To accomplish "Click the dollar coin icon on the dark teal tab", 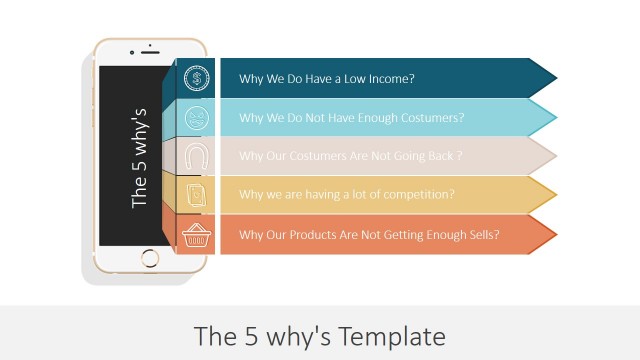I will (x=197, y=77).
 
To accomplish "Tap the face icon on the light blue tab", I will (x=197, y=117).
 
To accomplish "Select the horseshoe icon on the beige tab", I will (x=197, y=156).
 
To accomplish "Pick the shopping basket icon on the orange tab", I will (x=197, y=235).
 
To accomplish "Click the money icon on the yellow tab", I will (x=197, y=195).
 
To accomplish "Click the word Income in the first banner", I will (x=391, y=78).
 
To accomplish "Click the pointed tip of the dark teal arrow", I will (x=555, y=78).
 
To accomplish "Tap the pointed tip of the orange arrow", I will (x=555, y=235).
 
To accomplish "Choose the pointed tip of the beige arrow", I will (x=555, y=156).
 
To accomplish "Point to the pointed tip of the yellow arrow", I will (x=555, y=195).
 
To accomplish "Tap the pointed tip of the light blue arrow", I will (x=555, y=117).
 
